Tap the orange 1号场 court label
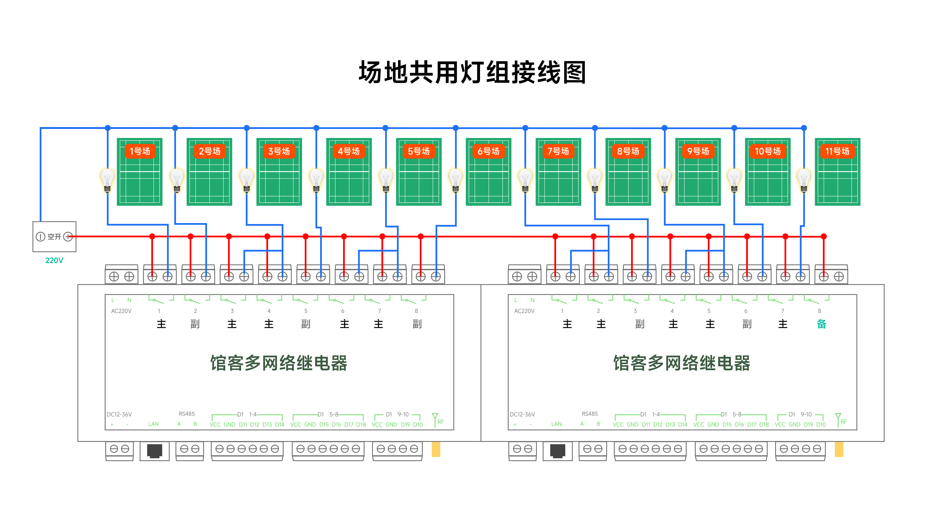(140, 151)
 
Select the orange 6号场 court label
(488, 151)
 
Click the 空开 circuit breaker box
(54, 236)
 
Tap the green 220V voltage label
(54, 260)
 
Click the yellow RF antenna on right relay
(839, 449)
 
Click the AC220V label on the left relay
(121, 311)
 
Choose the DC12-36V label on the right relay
(522, 414)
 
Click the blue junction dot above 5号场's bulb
(385, 128)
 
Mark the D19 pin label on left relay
(405, 424)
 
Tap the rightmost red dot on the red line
(824, 236)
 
